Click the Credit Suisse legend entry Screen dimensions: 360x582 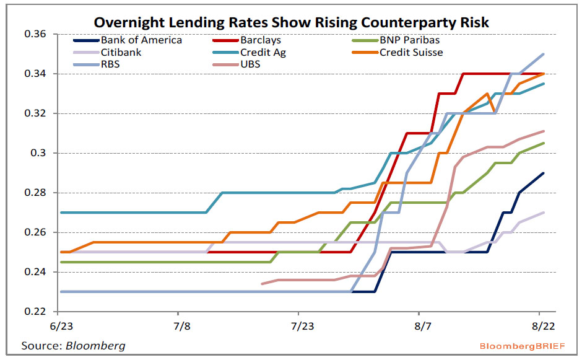click(x=410, y=52)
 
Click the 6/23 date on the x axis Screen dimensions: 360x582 click(x=58, y=325)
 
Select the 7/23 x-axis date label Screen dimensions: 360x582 click(x=299, y=325)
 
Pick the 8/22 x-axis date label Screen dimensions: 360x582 click(x=541, y=325)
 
